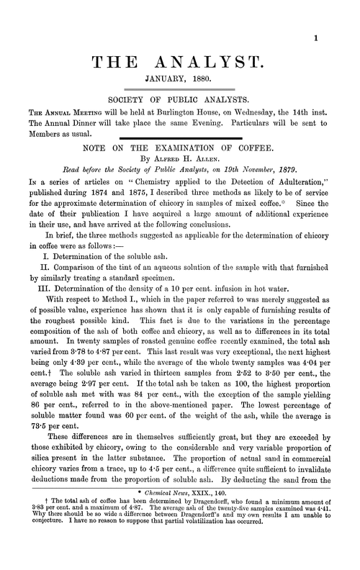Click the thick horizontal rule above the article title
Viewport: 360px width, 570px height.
(179, 137)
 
